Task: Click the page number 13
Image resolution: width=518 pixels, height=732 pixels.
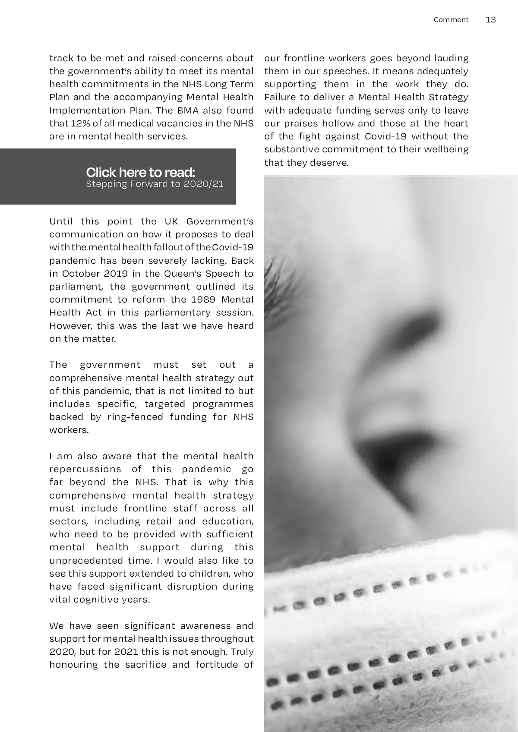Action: click(x=491, y=20)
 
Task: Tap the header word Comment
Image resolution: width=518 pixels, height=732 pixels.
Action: click(x=451, y=20)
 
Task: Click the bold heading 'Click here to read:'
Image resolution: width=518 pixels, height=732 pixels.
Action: click(x=140, y=172)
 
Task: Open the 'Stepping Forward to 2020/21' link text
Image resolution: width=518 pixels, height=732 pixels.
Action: click(x=155, y=184)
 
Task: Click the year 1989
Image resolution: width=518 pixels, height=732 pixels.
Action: click(x=203, y=300)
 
